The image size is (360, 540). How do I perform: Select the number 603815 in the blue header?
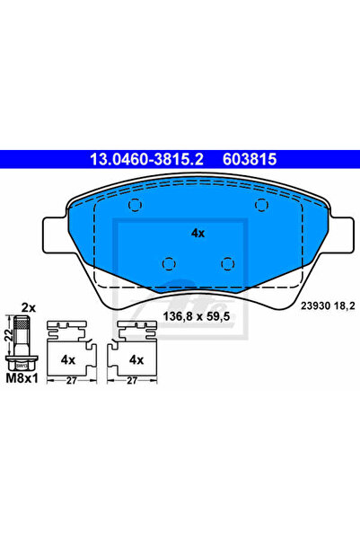(x=246, y=158)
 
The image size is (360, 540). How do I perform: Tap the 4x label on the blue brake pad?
(x=198, y=232)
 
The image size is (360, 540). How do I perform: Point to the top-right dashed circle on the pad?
(x=261, y=206)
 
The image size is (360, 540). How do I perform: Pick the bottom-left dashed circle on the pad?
(x=167, y=263)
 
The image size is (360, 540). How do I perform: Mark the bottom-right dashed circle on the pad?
(x=228, y=263)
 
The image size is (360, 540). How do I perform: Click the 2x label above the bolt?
(x=28, y=307)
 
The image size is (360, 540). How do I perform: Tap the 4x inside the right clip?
(x=137, y=359)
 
